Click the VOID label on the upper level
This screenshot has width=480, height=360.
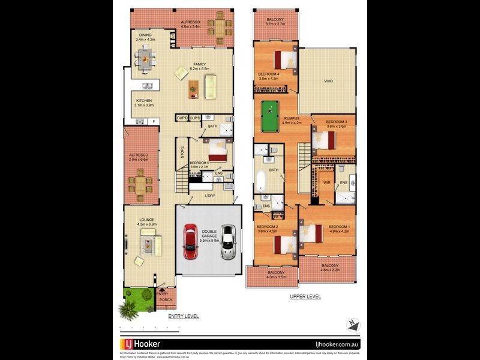pyautogui.click(x=328, y=81)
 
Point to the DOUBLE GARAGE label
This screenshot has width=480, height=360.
pyautogui.click(x=209, y=236)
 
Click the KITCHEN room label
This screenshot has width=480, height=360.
pyautogui.click(x=144, y=103)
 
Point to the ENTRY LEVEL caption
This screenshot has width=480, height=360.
pyautogui.click(x=184, y=316)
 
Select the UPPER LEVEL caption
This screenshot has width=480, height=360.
pyautogui.click(x=306, y=296)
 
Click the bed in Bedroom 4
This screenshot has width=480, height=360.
pyautogui.click(x=284, y=60)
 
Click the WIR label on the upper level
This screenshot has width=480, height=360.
pyautogui.click(x=327, y=182)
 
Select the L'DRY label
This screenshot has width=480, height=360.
pyautogui.click(x=210, y=196)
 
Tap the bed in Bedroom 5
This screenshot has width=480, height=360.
pyautogui.click(x=216, y=149)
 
